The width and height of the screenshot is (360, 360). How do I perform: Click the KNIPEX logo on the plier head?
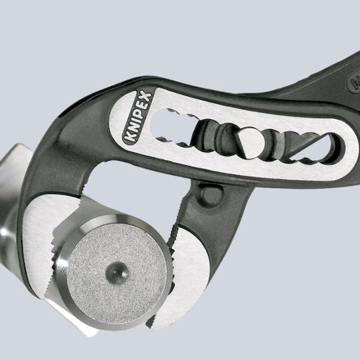(137, 117)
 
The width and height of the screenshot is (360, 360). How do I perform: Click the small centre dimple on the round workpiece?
(117, 272)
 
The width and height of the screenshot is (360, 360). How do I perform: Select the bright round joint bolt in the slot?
(251, 143)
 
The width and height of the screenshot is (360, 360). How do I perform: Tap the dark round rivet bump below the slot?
(211, 195)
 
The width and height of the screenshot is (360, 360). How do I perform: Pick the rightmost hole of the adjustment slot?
(320, 149)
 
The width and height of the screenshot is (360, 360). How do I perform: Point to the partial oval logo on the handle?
(353, 83)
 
